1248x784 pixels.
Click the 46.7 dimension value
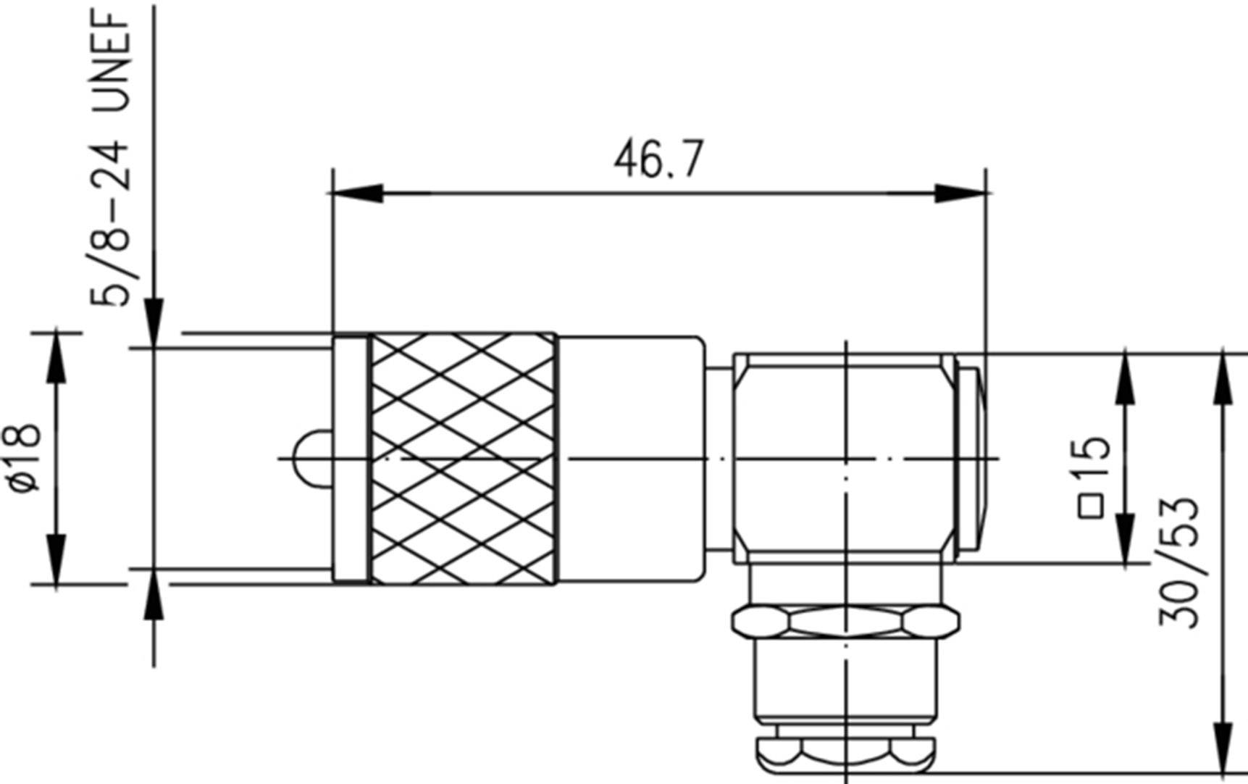[658, 161]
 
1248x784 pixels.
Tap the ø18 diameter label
[26, 457]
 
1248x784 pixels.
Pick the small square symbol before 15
[1091, 506]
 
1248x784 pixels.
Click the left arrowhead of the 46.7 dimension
[356, 193]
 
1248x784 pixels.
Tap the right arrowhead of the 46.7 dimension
[960, 193]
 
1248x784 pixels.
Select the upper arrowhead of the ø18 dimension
[56, 359]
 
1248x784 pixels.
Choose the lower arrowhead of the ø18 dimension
[56, 558]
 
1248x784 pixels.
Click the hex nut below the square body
[845, 622]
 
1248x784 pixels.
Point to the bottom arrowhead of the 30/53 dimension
[1223, 746]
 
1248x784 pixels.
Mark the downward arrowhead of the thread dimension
[154, 322]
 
